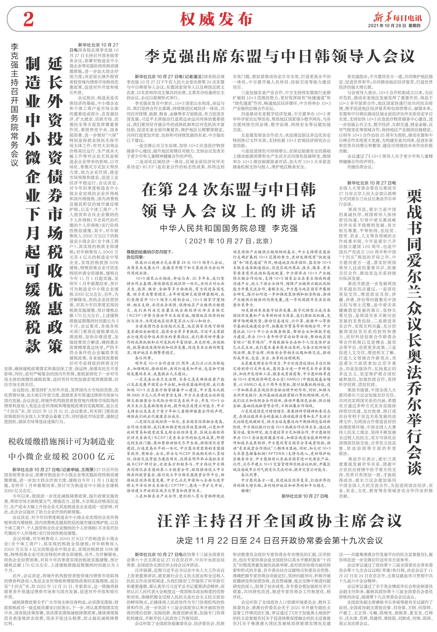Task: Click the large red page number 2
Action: point(29,19)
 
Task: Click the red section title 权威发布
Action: point(216,19)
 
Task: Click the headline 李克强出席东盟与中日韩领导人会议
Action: point(279,56)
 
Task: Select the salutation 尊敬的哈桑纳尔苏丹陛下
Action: point(149,252)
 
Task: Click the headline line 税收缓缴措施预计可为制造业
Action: point(61,441)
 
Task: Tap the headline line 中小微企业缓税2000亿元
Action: point(61,456)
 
